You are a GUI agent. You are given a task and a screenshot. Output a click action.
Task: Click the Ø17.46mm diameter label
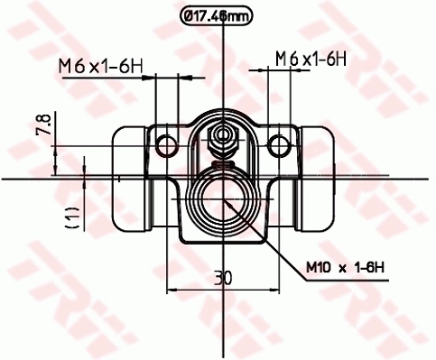[x=218, y=14]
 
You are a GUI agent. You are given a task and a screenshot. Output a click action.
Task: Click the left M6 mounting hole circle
[x=165, y=145]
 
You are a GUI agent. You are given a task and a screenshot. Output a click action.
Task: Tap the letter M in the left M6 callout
[x=65, y=65]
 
